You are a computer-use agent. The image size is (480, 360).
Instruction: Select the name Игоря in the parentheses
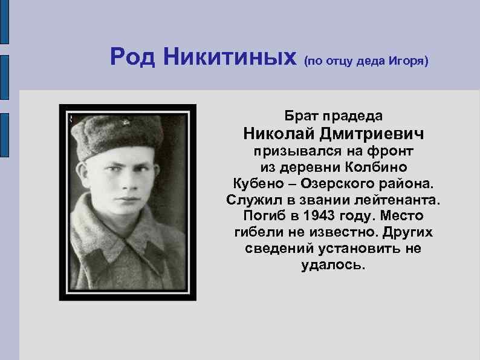point(408,61)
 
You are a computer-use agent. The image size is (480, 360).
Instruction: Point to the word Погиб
point(264,216)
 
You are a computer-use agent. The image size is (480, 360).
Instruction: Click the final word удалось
point(333,266)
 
